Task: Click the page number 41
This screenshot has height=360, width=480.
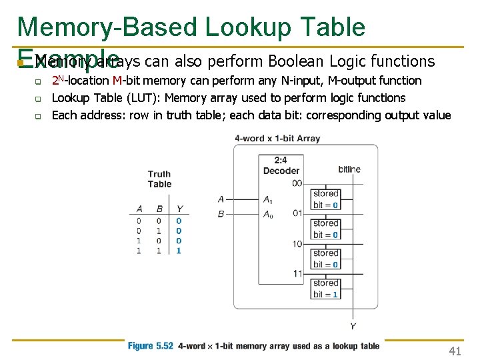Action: pyautogui.click(x=455, y=351)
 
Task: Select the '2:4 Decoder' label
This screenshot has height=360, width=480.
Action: pyautogui.click(x=281, y=165)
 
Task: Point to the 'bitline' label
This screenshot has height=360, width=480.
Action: pyautogui.click(x=349, y=169)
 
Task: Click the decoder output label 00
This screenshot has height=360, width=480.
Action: pyautogui.click(x=297, y=183)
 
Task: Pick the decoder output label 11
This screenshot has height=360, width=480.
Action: pyautogui.click(x=297, y=273)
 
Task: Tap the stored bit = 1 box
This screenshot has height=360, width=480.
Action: pyautogui.click(x=325, y=289)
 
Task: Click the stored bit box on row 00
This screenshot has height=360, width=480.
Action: pyautogui.click(x=325, y=199)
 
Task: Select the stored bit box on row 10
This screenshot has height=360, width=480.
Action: pyautogui.click(x=325, y=259)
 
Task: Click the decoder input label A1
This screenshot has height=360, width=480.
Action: pyautogui.click(x=267, y=199)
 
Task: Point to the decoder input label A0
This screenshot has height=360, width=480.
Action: pyautogui.click(x=267, y=214)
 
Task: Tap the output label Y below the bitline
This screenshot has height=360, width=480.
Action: pyautogui.click(x=352, y=326)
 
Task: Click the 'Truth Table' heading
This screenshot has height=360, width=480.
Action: pyautogui.click(x=159, y=179)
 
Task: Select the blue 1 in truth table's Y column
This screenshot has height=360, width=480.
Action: pyautogui.click(x=179, y=251)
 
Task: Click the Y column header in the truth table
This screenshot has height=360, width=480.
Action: pyautogui.click(x=179, y=209)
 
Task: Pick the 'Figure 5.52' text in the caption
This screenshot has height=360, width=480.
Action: pyautogui.click(x=151, y=346)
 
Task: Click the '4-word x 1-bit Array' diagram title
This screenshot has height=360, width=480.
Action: pyautogui.click(x=277, y=139)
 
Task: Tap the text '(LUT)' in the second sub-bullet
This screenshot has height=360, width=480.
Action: pyautogui.click(x=145, y=98)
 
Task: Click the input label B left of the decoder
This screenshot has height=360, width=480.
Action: pyautogui.click(x=221, y=214)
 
